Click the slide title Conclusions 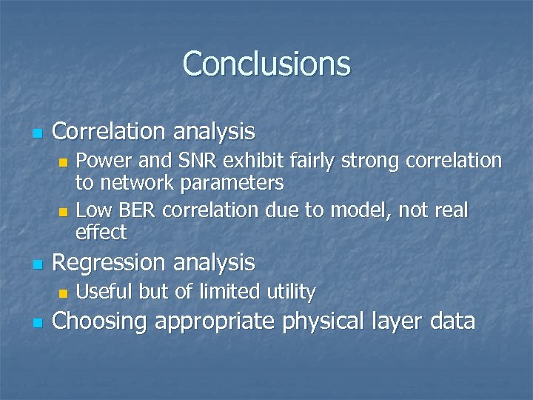coord(266,64)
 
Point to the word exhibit coord(256,161)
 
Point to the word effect coord(101,233)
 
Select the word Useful coord(104,292)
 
